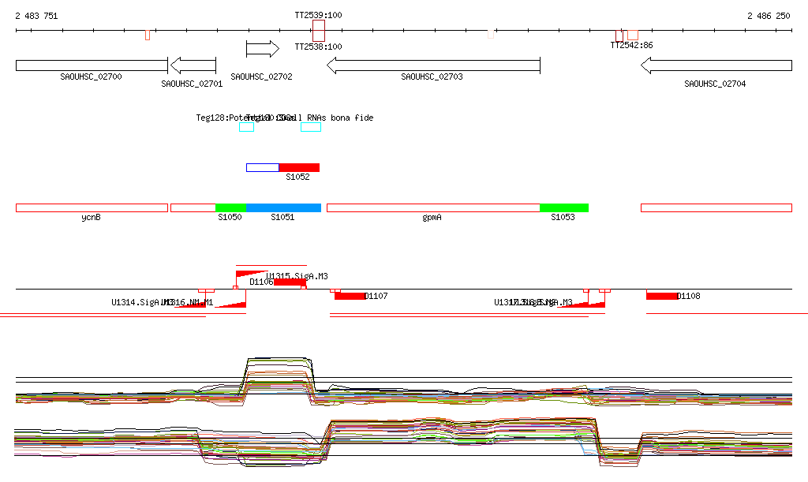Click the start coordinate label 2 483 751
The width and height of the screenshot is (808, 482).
pos(36,16)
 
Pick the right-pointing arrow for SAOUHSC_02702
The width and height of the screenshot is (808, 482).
pos(263,49)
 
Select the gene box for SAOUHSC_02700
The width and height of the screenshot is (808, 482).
pos(92,65)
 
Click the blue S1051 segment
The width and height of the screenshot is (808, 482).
pos(283,207)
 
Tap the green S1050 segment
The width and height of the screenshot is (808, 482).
pos(230,207)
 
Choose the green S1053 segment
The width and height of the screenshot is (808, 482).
pos(563,207)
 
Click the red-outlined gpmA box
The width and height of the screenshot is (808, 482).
pos(432,207)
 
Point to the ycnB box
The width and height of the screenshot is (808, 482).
pos(92,207)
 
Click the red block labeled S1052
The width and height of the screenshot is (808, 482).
pos(299,167)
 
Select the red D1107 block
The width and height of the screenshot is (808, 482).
pos(350,296)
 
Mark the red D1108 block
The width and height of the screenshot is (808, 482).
pos(662,296)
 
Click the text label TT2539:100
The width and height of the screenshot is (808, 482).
pos(318,16)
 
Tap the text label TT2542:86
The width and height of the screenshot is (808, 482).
pos(631,46)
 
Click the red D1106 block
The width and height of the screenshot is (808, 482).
pos(290,282)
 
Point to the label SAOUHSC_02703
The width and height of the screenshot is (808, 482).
pos(432,77)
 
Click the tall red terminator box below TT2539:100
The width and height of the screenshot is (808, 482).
pos(319,32)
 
